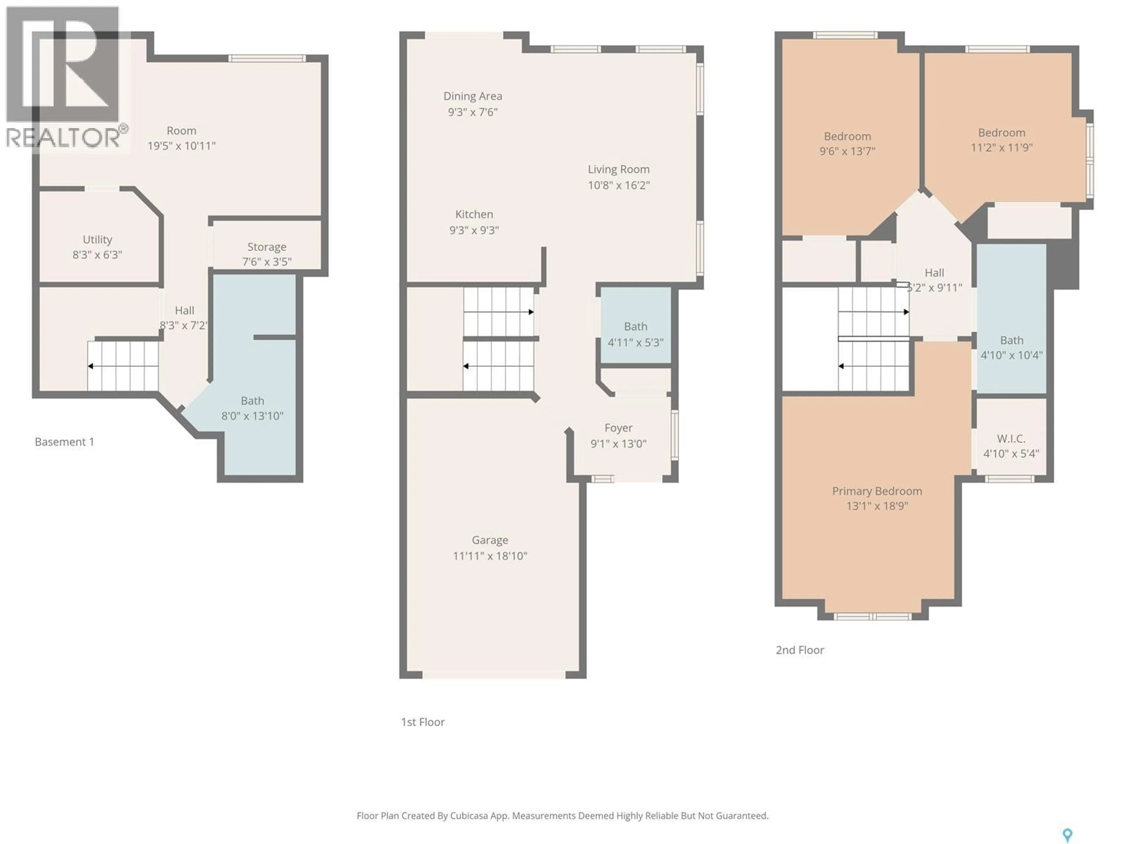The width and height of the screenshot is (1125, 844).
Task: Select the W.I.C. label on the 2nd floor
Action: pyautogui.click(x=1010, y=438)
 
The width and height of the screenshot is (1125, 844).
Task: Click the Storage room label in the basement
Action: pyautogui.click(x=267, y=247)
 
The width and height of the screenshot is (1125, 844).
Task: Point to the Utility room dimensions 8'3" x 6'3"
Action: pyautogui.click(x=97, y=254)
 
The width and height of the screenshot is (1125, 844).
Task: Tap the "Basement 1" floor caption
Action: pyautogui.click(x=64, y=442)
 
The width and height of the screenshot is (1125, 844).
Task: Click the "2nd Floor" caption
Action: pyautogui.click(x=800, y=650)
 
